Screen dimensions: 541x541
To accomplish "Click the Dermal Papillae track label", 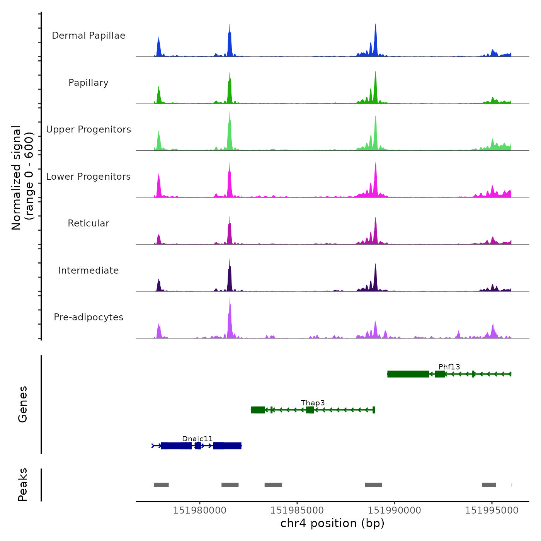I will (88, 36).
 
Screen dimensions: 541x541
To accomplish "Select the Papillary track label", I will (88, 83).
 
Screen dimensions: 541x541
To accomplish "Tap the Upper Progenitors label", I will (88, 129).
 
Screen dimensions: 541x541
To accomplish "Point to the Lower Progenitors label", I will (88, 177).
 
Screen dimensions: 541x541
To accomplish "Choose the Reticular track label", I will (88, 223).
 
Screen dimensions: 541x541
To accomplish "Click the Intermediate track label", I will (88, 270).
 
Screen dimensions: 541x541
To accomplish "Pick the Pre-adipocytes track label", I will (88, 317).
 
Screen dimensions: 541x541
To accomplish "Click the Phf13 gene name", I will (449, 367).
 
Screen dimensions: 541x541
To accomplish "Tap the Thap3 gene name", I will (313, 403).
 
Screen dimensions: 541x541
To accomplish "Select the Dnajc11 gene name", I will (197, 439).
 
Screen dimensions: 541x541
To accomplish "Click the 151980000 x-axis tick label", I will (199, 510).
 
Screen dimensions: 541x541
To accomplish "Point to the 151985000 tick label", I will (297, 510).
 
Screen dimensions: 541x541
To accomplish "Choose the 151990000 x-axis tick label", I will (394, 510).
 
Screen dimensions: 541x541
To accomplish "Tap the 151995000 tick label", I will (492, 510).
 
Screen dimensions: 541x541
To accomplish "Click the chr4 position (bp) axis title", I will (332, 523).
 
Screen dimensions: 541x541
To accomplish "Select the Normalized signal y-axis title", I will (22, 178).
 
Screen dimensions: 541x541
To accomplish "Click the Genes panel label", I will (22, 404).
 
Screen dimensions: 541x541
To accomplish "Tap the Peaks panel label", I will (22, 485).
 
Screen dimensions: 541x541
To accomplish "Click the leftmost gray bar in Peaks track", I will (161, 485).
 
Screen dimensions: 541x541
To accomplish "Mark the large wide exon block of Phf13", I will (408, 374).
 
